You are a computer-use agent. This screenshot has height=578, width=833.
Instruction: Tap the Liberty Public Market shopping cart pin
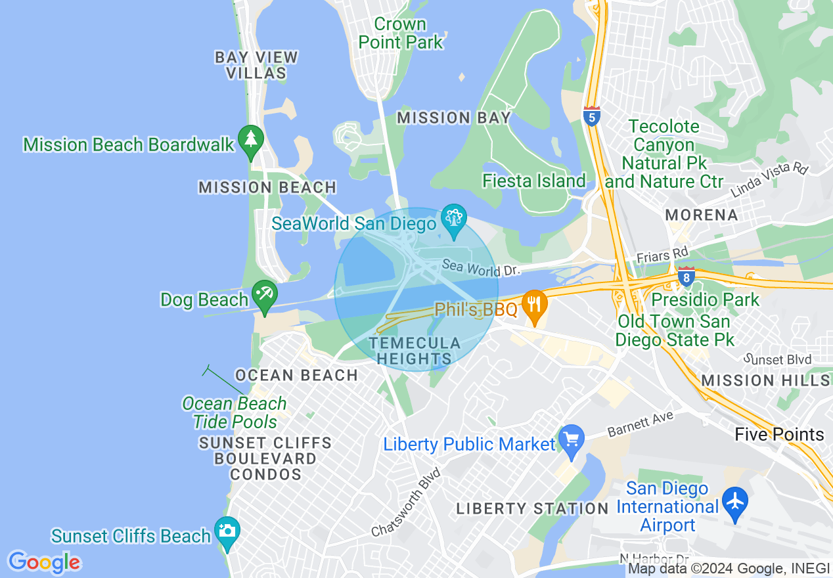[571, 440]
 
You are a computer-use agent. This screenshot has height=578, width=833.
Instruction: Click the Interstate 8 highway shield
[687, 277]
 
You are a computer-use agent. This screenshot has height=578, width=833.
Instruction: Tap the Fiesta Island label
[533, 181]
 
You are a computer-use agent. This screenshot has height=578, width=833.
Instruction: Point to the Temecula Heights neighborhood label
[414, 351]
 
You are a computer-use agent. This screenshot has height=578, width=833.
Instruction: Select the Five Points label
[779, 434]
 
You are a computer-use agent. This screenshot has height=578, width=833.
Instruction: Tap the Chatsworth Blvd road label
[405, 502]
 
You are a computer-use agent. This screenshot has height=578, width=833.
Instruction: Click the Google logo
[44, 562]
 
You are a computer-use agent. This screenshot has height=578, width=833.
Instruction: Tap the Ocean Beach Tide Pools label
[235, 412]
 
